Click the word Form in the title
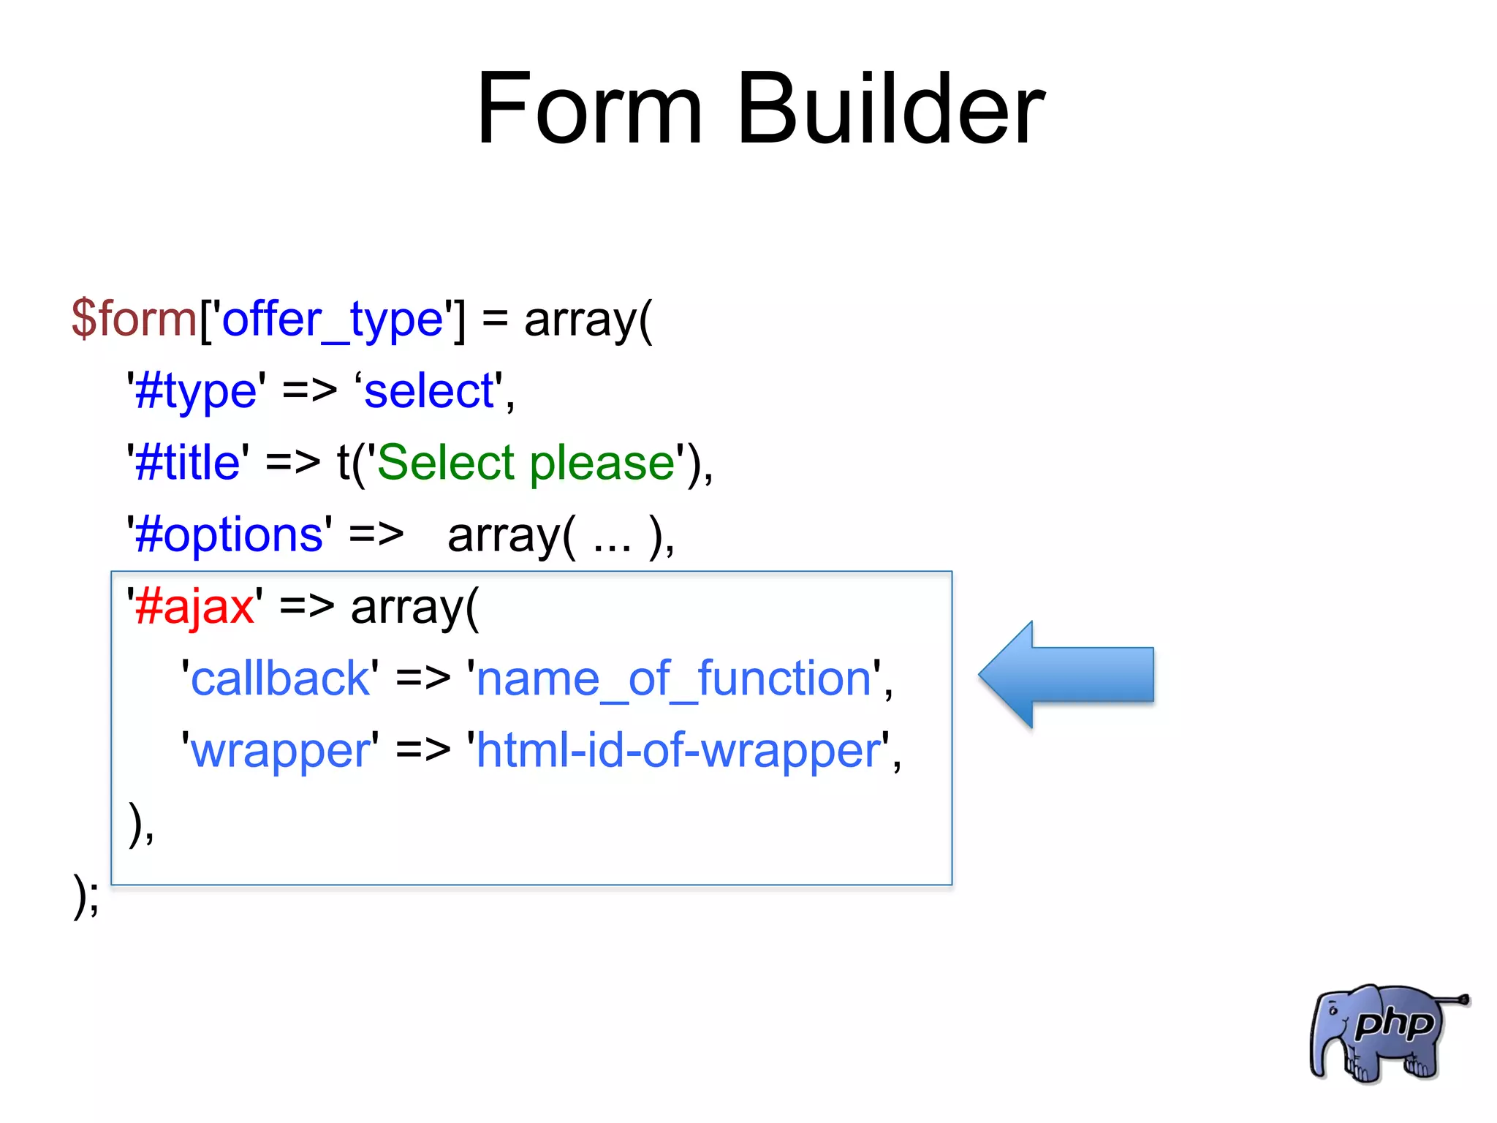[589, 110]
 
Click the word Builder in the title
[890, 110]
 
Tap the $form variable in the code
[134, 319]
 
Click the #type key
[196, 391]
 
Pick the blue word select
[429, 391]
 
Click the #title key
[188, 463]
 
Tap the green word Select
[446, 463]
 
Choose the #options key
[229, 534]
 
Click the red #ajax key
[194, 607]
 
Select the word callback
[280, 678]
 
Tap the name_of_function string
[673, 678]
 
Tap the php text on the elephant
[1393, 1024]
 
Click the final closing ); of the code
[86, 896]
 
